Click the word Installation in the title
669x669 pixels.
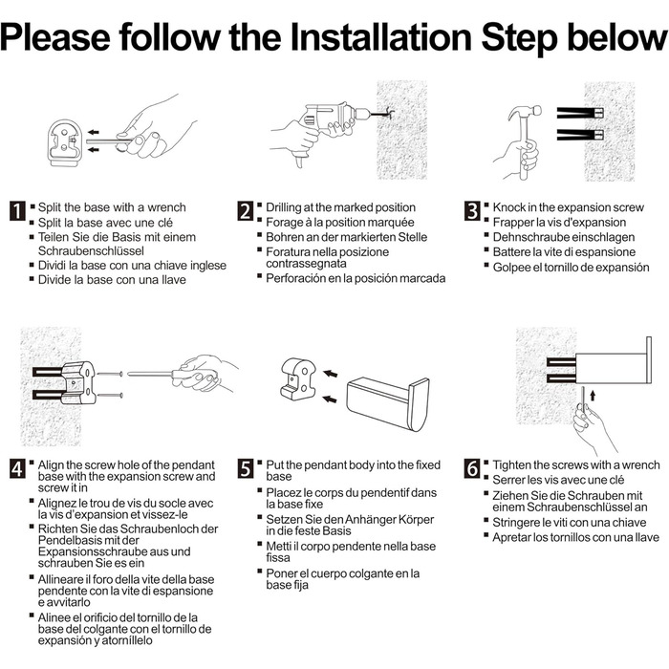(x=381, y=36)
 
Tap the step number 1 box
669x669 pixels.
(x=17, y=211)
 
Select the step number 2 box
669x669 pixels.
(x=246, y=211)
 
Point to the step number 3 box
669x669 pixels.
(x=472, y=211)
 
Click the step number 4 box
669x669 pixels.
(x=17, y=468)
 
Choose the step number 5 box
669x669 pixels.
(x=246, y=468)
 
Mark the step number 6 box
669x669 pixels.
(x=472, y=468)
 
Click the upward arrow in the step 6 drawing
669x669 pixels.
(x=593, y=397)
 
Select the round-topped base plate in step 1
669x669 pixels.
(x=65, y=143)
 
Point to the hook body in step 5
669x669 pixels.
(x=388, y=403)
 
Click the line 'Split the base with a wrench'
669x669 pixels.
(x=112, y=207)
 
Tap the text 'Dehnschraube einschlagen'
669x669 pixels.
(x=564, y=237)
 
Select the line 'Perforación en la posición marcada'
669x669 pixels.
(x=356, y=278)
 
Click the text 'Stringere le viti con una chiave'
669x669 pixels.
(x=570, y=523)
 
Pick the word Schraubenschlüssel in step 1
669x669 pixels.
(x=91, y=250)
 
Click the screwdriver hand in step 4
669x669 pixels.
(x=205, y=373)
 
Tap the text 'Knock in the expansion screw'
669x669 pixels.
(x=569, y=207)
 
